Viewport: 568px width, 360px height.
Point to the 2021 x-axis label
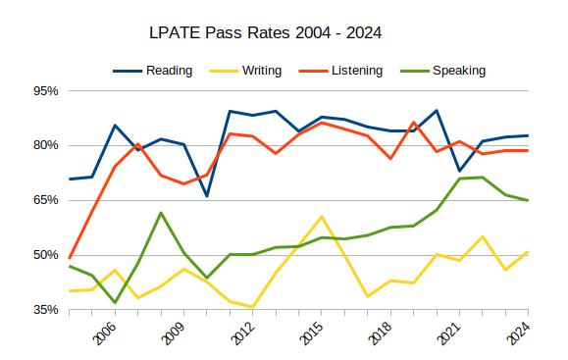450,333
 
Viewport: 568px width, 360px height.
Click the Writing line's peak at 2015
322,217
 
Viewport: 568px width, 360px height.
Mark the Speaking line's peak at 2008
161,213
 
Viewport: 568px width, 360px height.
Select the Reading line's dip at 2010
207,196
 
